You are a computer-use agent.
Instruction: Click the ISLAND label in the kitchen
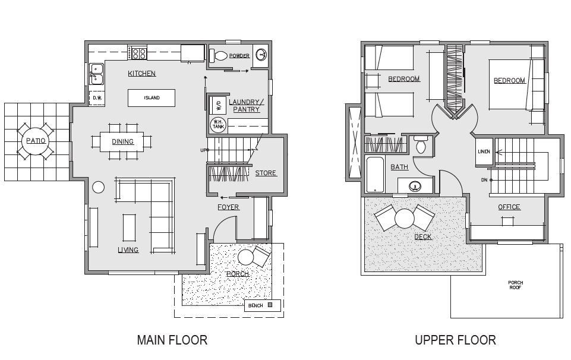click(152, 97)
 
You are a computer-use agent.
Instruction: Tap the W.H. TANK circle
click(219, 125)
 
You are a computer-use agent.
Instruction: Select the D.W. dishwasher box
click(97, 98)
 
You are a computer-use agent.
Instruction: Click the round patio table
click(36, 141)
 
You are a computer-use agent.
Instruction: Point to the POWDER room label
click(239, 56)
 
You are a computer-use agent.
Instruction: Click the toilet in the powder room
click(218, 56)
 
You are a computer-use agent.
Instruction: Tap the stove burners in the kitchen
click(139, 53)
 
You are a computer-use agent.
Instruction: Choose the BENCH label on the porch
click(255, 305)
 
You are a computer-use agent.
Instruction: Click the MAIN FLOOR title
click(172, 340)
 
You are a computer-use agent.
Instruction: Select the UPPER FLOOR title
click(455, 340)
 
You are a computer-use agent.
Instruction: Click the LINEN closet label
click(484, 151)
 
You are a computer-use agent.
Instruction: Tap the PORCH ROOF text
click(515, 285)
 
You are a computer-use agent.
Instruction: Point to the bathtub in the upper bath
click(375, 175)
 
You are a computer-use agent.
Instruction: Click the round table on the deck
click(404, 219)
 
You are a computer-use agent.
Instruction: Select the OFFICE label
click(509, 207)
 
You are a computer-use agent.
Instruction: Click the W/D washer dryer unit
click(218, 105)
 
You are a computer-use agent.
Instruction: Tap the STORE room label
click(266, 173)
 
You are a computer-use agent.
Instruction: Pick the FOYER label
click(228, 207)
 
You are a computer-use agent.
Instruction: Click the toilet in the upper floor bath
click(421, 144)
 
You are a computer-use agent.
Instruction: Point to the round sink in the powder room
click(261, 55)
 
